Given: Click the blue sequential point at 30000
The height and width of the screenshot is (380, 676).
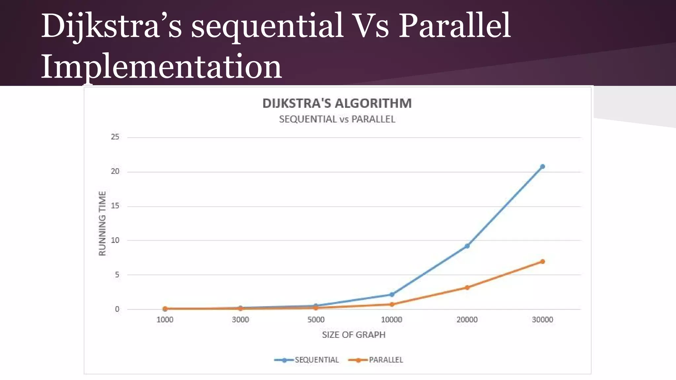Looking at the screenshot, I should (x=542, y=167).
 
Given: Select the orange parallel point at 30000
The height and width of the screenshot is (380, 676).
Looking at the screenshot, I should (x=542, y=262).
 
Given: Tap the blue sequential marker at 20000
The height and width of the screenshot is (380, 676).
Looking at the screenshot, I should (x=467, y=246).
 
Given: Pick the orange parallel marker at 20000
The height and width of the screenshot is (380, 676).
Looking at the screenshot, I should (x=467, y=288).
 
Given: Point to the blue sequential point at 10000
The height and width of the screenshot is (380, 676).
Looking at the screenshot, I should (x=392, y=295).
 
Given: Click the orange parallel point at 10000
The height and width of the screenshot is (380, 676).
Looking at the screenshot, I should (x=392, y=304).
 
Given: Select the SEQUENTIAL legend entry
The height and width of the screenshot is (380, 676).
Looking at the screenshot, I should (x=307, y=360).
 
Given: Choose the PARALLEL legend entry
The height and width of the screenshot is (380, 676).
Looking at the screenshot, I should (x=376, y=360).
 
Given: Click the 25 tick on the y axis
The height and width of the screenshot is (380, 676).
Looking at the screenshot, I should (x=115, y=137).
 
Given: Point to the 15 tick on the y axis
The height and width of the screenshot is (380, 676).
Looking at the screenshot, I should (x=115, y=206).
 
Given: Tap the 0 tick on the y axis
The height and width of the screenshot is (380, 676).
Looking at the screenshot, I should (x=117, y=309).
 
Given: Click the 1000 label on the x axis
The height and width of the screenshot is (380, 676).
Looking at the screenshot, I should (x=165, y=320).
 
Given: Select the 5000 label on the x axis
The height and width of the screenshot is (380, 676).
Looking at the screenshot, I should (x=316, y=320).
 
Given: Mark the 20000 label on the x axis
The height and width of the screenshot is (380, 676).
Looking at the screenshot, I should (x=467, y=320).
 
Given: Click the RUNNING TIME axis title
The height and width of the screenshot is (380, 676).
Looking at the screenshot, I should (x=102, y=223).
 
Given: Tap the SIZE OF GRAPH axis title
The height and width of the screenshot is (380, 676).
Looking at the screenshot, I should (x=354, y=335).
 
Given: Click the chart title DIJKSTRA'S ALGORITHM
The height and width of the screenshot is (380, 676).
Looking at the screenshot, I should (x=337, y=103).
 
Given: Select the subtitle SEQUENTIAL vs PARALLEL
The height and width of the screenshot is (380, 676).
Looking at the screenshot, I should (x=337, y=119).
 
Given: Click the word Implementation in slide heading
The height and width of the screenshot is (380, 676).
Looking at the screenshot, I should (x=161, y=67).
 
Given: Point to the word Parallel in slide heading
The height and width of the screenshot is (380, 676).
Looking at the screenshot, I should (x=455, y=26).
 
